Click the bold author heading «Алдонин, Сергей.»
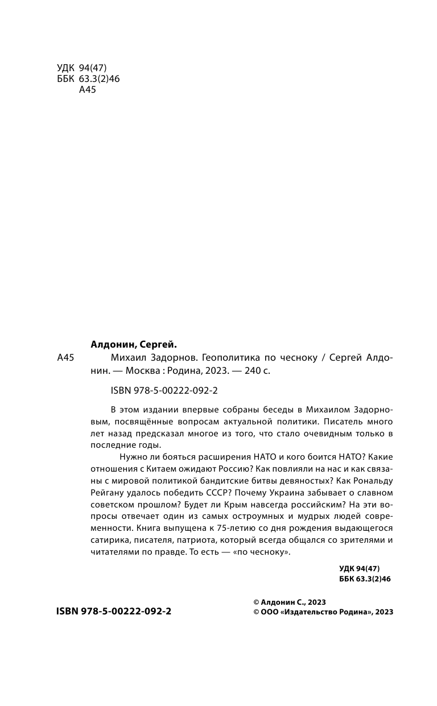tap(134, 344)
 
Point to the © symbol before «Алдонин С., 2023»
tap(256, 601)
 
